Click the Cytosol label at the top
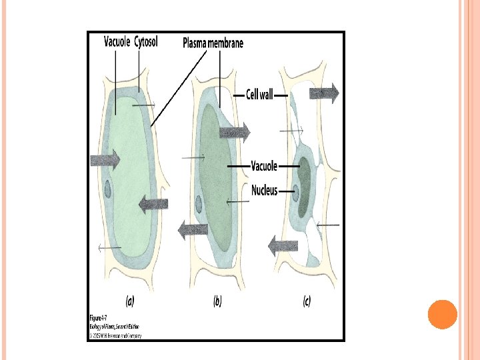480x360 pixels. [x=146, y=42]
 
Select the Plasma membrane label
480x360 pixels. [x=213, y=43]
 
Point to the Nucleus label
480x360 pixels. [x=264, y=191]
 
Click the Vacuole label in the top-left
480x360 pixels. [x=117, y=42]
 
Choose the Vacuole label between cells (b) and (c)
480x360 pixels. [x=264, y=165]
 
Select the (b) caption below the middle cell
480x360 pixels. [x=217, y=301]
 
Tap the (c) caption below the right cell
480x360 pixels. [x=306, y=301]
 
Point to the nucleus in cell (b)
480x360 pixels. [x=198, y=204]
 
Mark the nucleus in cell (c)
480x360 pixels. [x=294, y=194]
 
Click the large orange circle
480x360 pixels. [x=442, y=315]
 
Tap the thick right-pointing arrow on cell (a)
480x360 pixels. [x=105, y=159]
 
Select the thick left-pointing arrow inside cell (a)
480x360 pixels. [x=153, y=205]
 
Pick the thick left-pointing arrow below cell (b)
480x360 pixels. [x=193, y=231]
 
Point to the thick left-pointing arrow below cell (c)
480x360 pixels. [x=283, y=246]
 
